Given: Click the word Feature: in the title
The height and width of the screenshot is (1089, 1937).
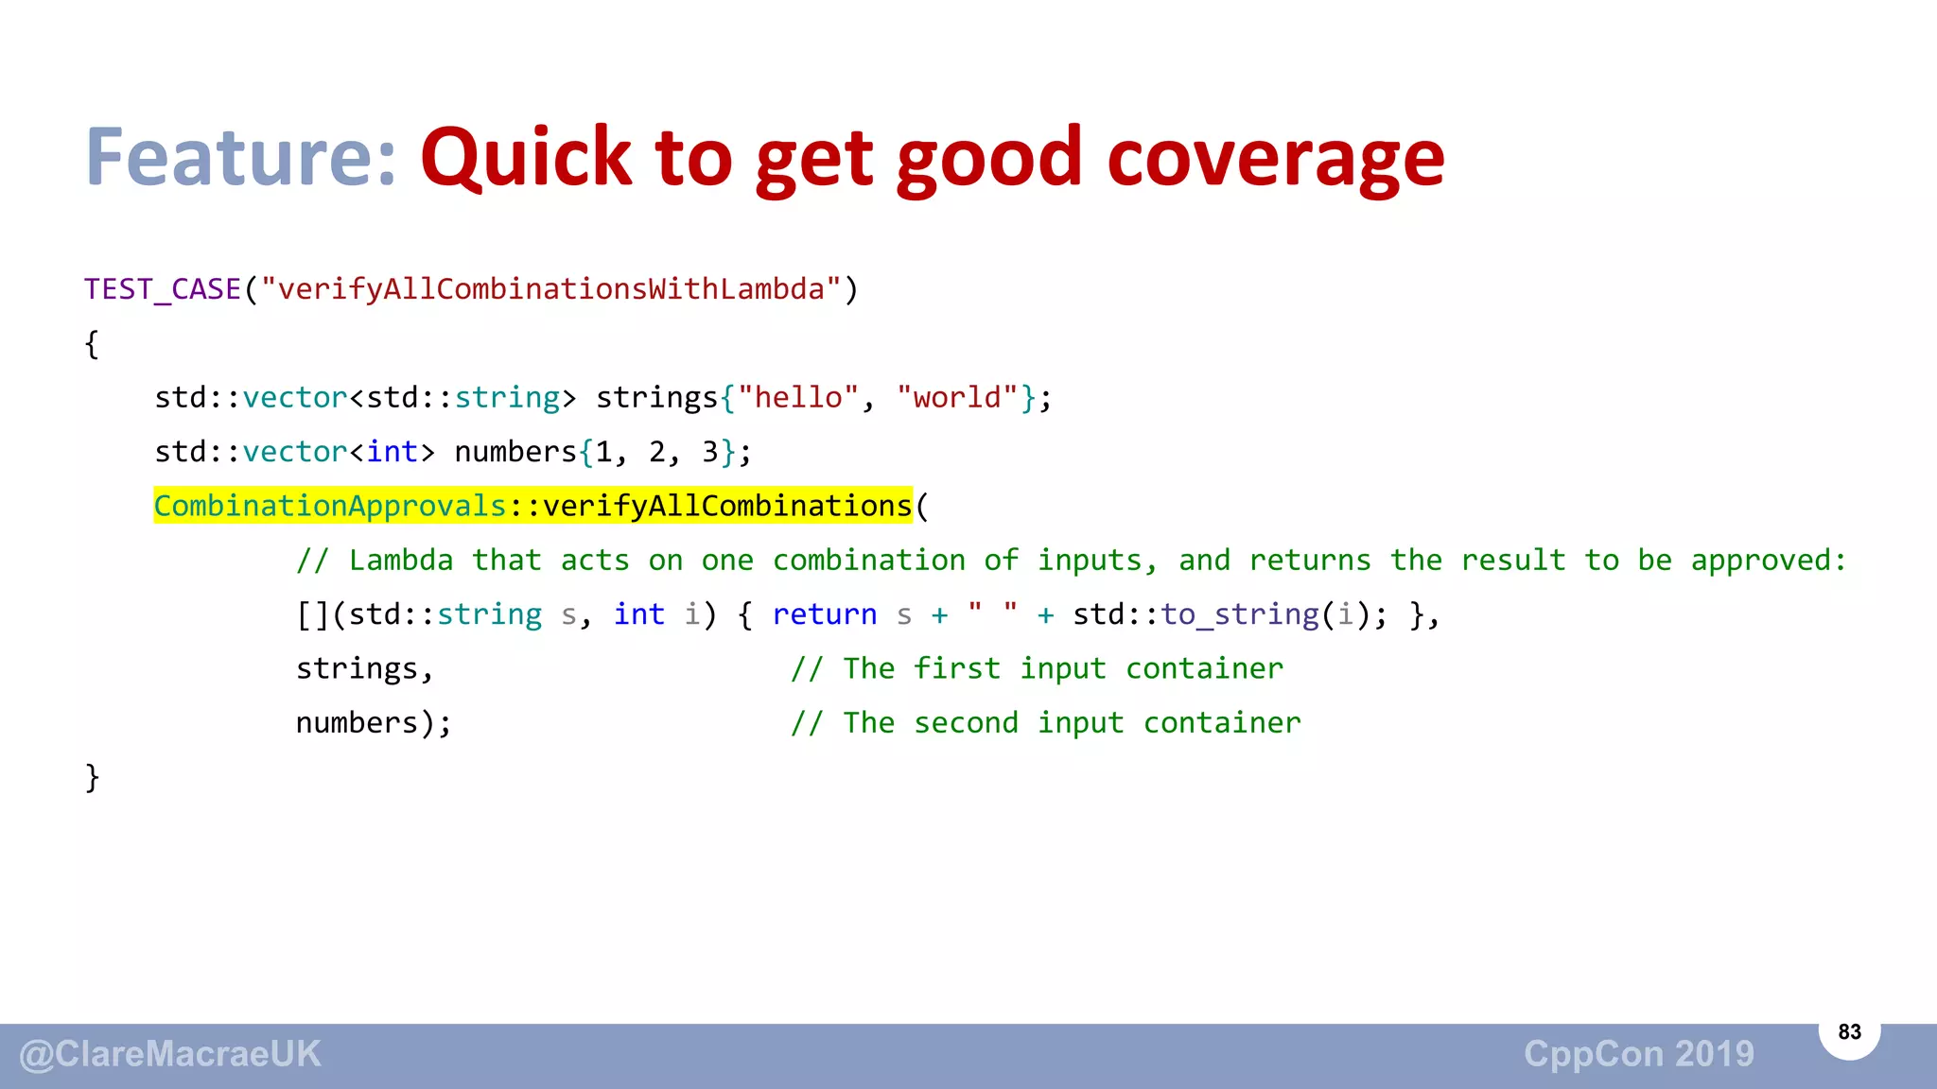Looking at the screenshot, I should (x=240, y=158).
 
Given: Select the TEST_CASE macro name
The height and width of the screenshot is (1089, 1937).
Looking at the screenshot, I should (x=163, y=289).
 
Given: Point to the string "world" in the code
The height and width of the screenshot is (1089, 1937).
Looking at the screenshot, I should (x=957, y=398).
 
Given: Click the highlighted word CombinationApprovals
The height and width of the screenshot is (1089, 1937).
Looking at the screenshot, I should (x=330, y=507).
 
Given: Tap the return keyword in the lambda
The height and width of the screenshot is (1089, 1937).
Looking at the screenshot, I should (x=825, y=614).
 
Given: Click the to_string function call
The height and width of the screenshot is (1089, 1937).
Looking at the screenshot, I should (x=1239, y=614).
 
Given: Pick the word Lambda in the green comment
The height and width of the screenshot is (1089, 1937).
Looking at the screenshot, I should (x=401, y=561).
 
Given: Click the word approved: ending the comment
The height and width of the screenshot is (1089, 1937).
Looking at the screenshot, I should (x=1769, y=561).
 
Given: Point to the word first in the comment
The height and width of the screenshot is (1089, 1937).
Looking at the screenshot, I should (x=956, y=669).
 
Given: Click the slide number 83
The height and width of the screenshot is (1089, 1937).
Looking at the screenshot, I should (x=1849, y=1031).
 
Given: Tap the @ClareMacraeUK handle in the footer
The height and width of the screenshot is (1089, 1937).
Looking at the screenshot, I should (x=171, y=1054).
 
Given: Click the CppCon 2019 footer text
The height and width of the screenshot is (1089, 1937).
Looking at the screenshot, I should (x=1638, y=1054).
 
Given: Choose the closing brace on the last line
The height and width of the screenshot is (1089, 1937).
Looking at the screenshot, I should (x=92, y=778).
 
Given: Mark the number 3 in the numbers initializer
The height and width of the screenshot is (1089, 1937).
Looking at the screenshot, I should (x=709, y=452).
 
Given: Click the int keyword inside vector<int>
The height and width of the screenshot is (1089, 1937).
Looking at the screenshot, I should (x=393, y=452).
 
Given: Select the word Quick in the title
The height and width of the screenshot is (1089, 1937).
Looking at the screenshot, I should (x=526, y=158).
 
